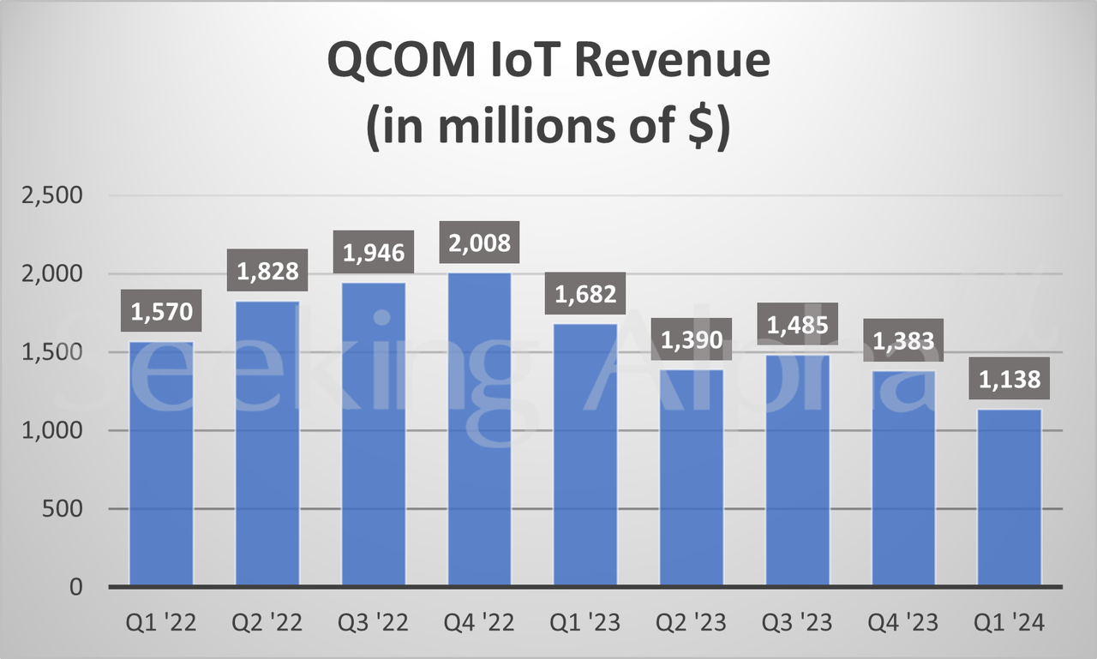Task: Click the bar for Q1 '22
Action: (x=161, y=464)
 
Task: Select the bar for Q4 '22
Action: (x=479, y=429)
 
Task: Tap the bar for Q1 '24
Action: (x=1010, y=498)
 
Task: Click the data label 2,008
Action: (x=479, y=243)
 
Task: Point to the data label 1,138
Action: (x=1010, y=379)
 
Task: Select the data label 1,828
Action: (x=267, y=271)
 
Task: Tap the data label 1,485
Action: (x=797, y=325)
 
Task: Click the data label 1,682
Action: (x=585, y=294)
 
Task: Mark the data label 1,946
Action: (x=374, y=253)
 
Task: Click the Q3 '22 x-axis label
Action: (x=374, y=623)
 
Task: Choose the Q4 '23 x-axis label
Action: (x=903, y=623)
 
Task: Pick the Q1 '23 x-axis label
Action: (x=585, y=623)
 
